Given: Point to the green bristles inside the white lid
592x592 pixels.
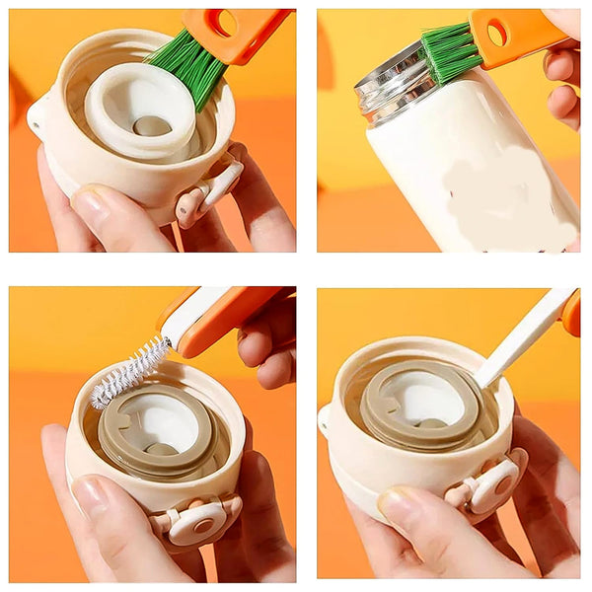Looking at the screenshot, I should [187, 65].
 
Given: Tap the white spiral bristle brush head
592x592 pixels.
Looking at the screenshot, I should [128, 370].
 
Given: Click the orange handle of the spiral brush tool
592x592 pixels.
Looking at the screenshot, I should [227, 321].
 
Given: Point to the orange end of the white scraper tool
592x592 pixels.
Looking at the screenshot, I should [571, 314].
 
